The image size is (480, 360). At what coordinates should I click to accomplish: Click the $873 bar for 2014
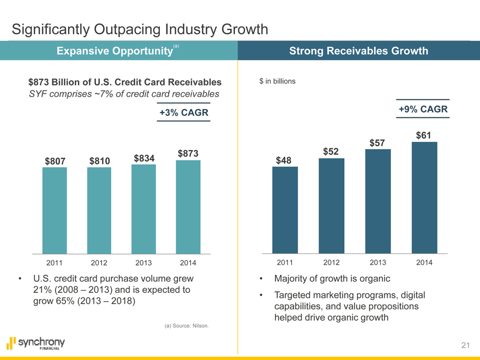[x=188, y=207]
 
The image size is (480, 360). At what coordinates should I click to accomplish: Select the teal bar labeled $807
[x=55, y=210]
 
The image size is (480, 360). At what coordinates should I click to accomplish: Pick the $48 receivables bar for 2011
[x=285, y=209]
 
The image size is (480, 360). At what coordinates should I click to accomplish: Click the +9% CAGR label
[x=423, y=110]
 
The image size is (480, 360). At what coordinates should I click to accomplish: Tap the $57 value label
[x=378, y=143]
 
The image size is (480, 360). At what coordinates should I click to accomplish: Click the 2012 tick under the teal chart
[x=99, y=263]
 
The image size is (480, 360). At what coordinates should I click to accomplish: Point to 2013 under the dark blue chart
[x=378, y=263]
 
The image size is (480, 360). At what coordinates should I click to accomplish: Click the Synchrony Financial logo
[x=35, y=344]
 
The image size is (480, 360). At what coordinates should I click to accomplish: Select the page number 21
[x=465, y=345]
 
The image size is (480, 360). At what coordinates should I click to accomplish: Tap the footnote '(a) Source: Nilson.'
[x=187, y=326]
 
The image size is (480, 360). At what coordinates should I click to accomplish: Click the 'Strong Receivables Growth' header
[x=358, y=51]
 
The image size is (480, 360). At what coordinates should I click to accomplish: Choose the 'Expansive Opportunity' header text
[x=111, y=51]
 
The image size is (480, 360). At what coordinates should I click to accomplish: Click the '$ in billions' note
[x=278, y=81]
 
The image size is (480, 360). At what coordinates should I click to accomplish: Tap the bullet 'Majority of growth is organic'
[x=332, y=279]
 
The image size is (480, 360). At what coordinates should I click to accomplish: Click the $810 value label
[x=100, y=161]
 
